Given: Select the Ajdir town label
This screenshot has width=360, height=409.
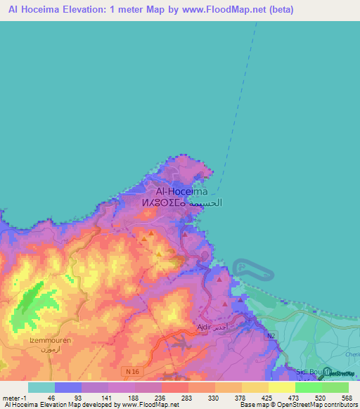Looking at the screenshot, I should point(205,327).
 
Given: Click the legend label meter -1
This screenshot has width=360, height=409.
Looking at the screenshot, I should point(14,398).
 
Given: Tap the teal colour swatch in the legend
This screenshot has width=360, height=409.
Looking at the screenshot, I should point(41,387).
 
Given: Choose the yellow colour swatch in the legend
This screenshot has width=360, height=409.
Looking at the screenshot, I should point(281,387).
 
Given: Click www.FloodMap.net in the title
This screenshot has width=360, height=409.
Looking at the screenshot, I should point(226,10).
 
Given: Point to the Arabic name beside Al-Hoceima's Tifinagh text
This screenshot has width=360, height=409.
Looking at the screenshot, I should point(208,203).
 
